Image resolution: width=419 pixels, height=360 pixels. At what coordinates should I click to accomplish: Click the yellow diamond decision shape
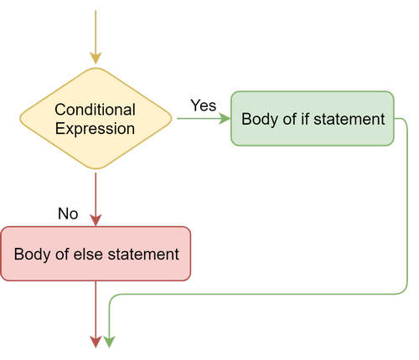pyautogui.click(x=96, y=119)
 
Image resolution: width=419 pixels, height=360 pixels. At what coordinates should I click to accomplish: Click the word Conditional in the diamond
pyautogui.click(x=95, y=110)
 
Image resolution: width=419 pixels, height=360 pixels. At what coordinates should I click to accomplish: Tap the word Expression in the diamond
pyautogui.click(x=95, y=129)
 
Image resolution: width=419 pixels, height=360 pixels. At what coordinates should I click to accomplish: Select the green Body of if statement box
pyautogui.click(x=312, y=118)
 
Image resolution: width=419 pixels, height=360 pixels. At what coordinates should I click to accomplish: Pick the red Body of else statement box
pyautogui.click(x=96, y=253)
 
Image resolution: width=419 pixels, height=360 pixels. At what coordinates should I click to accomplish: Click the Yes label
pyautogui.click(x=203, y=105)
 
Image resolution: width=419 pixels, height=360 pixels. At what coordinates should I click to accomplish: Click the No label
pyautogui.click(x=68, y=213)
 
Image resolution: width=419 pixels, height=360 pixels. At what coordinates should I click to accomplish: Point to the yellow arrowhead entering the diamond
pyautogui.click(x=96, y=59)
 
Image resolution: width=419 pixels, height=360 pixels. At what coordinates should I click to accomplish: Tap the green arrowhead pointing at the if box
pyautogui.click(x=225, y=119)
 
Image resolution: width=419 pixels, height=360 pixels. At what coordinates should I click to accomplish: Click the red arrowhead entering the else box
pyautogui.click(x=96, y=220)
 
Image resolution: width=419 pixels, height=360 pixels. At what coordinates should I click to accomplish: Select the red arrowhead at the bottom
pyautogui.click(x=96, y=342)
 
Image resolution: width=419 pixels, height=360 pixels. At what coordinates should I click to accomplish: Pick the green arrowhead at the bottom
pyautogui.click(x=109, y=342)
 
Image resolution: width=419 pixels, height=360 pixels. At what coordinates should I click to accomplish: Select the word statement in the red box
pyautogui.click(x=151, y=253)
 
